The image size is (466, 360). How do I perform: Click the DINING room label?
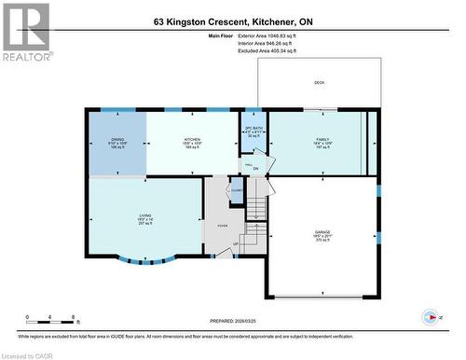coord(117,139)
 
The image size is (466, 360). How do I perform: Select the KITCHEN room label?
coord(191,139)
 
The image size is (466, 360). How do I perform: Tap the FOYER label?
coord(222,226)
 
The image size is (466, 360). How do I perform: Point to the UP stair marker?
coord(235,243)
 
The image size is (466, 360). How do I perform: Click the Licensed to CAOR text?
coord(26,353)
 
